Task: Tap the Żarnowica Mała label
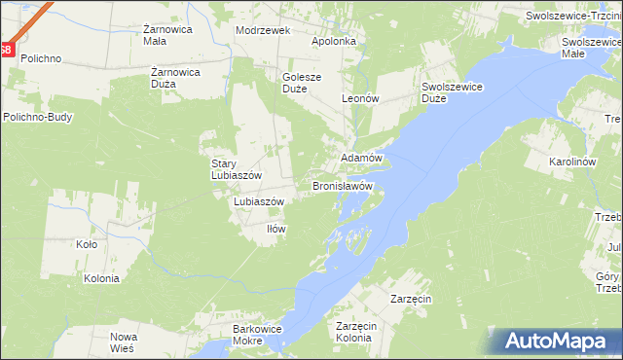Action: pos(142,35)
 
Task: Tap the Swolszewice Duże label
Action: pos(453,92)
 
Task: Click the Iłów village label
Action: pos(276,229)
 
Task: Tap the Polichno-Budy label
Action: pos(37,118)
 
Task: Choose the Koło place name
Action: pos(87,245)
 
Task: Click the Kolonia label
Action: pos(101,278)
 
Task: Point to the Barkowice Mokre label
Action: pos(258,336)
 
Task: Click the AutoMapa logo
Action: pos(557,341)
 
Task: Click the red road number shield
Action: pos(6,50)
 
